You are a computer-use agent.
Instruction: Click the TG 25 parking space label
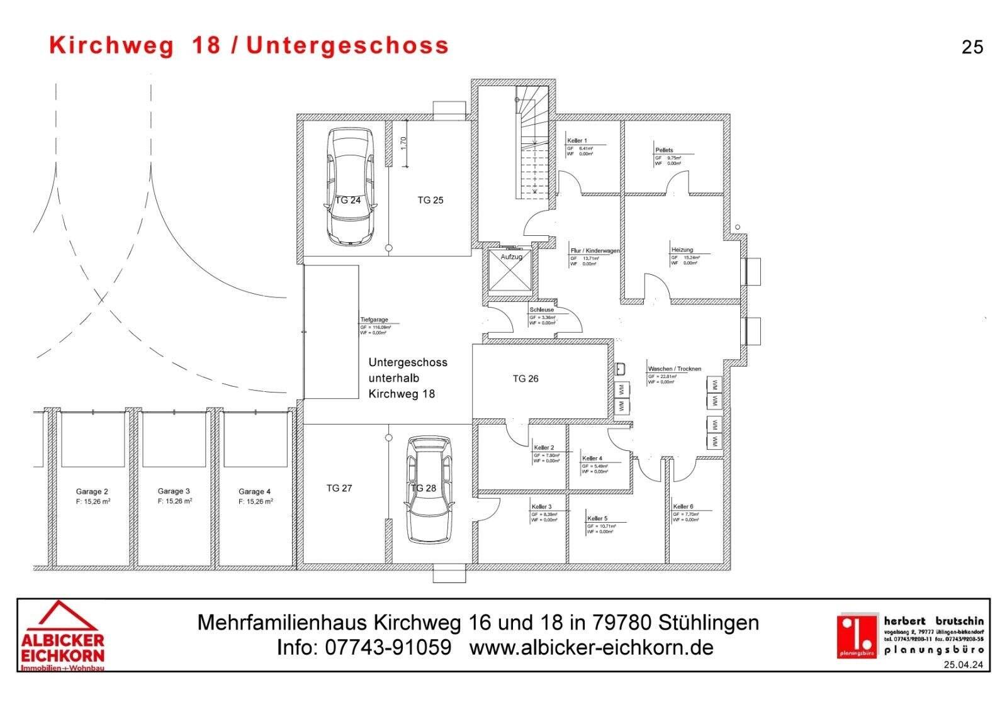point(430,200)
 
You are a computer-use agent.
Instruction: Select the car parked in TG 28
point(429,489)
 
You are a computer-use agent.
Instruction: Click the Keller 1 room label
point(577,140)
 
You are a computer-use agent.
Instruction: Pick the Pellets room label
point(664,150)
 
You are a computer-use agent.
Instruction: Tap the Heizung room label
point(682,250)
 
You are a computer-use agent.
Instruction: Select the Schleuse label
point(542,310)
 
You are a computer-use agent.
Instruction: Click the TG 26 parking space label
point(526,379)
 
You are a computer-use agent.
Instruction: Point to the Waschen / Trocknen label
point(674,369)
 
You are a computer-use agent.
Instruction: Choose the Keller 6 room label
point(683,506)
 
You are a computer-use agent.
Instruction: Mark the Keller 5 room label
point(597,518)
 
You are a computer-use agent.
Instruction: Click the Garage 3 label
point(174,491)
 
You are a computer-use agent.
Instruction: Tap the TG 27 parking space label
point(339,488)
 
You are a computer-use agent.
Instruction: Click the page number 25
point(972,47)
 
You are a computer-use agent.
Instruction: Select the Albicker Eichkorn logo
point(62,636)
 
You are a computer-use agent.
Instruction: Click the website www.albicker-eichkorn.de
point(592,647)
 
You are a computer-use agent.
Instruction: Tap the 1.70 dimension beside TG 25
point(404,143)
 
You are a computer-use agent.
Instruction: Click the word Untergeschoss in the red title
point(347,45)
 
